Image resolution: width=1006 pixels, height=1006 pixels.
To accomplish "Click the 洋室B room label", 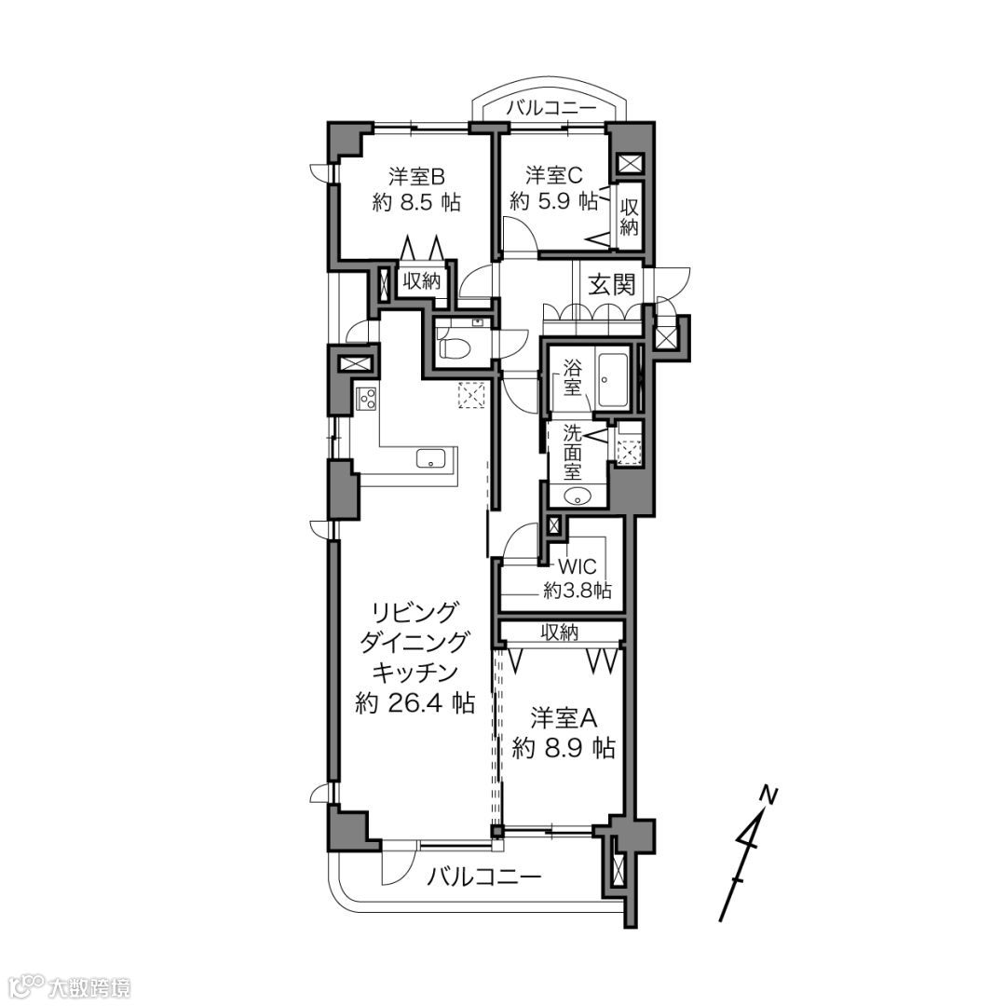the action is tap(416, 176).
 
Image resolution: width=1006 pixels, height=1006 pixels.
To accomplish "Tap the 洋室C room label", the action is tap(554, 175).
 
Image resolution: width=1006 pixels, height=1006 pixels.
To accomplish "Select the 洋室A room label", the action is tap(564, 718).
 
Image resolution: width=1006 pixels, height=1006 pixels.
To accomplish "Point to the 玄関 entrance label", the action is tap(613, 284).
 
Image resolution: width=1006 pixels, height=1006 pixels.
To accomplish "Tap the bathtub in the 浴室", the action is tap(614, 380).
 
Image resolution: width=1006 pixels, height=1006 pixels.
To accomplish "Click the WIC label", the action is tap(578, 567).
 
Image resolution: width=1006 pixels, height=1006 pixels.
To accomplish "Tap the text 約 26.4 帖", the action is tap(415, 704).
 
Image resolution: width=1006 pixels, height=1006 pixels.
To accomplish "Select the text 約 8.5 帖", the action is tap(416, 203).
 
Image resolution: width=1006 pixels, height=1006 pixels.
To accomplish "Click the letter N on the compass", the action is tap(768, 795).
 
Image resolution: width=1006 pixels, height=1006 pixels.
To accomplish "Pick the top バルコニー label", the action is tap(551, 108).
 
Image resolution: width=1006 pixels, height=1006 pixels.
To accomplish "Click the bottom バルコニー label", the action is tap(485, 876).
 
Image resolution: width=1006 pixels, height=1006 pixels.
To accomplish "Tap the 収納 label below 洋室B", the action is tap(422, 280).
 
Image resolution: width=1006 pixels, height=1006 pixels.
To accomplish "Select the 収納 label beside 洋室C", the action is tap(629, 217).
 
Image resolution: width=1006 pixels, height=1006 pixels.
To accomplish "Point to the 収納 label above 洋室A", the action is tap(560, 632).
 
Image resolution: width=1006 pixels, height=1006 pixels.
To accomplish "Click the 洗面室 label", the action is tap(572, 452).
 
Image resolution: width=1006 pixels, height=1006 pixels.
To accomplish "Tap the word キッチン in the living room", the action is tap(415, 673).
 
